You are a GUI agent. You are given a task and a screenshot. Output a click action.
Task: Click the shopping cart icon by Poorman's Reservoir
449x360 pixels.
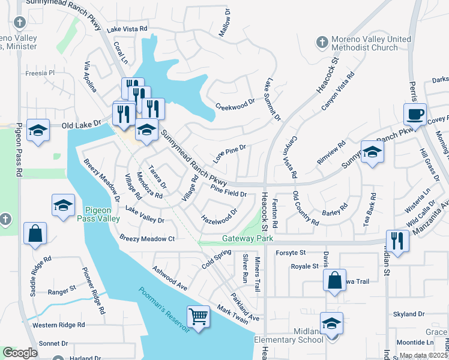(x=199, y=315)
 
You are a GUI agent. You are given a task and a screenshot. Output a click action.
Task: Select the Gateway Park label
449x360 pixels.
(x=247, y=238)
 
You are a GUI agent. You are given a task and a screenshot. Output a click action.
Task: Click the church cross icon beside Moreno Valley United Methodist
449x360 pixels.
(x=322, y=43)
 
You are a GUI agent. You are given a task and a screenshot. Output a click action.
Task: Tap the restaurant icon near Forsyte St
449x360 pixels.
(x=397, y=240)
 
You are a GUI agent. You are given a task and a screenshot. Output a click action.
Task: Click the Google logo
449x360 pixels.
(x=20, y=353)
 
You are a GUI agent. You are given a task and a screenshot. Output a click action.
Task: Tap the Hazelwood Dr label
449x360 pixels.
(x=219, y=215)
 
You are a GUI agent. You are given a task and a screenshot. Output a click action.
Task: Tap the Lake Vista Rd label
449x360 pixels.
(x=127, y=29)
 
